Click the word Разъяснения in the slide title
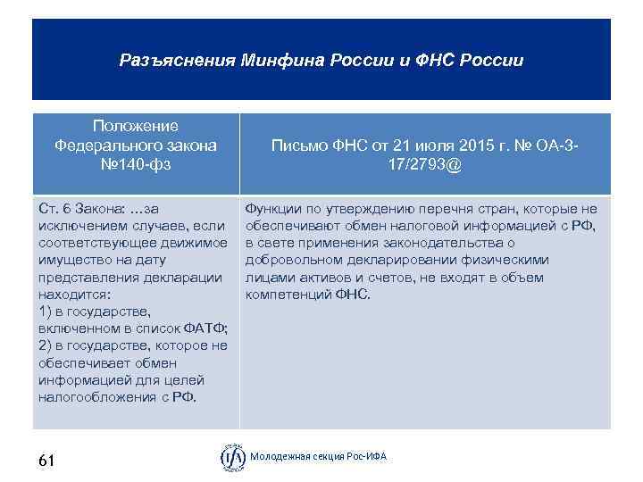point(176,62)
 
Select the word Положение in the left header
point(136,127)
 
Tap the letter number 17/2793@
point(422,165)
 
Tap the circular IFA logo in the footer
point(232,457)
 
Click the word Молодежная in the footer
point(277,457)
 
